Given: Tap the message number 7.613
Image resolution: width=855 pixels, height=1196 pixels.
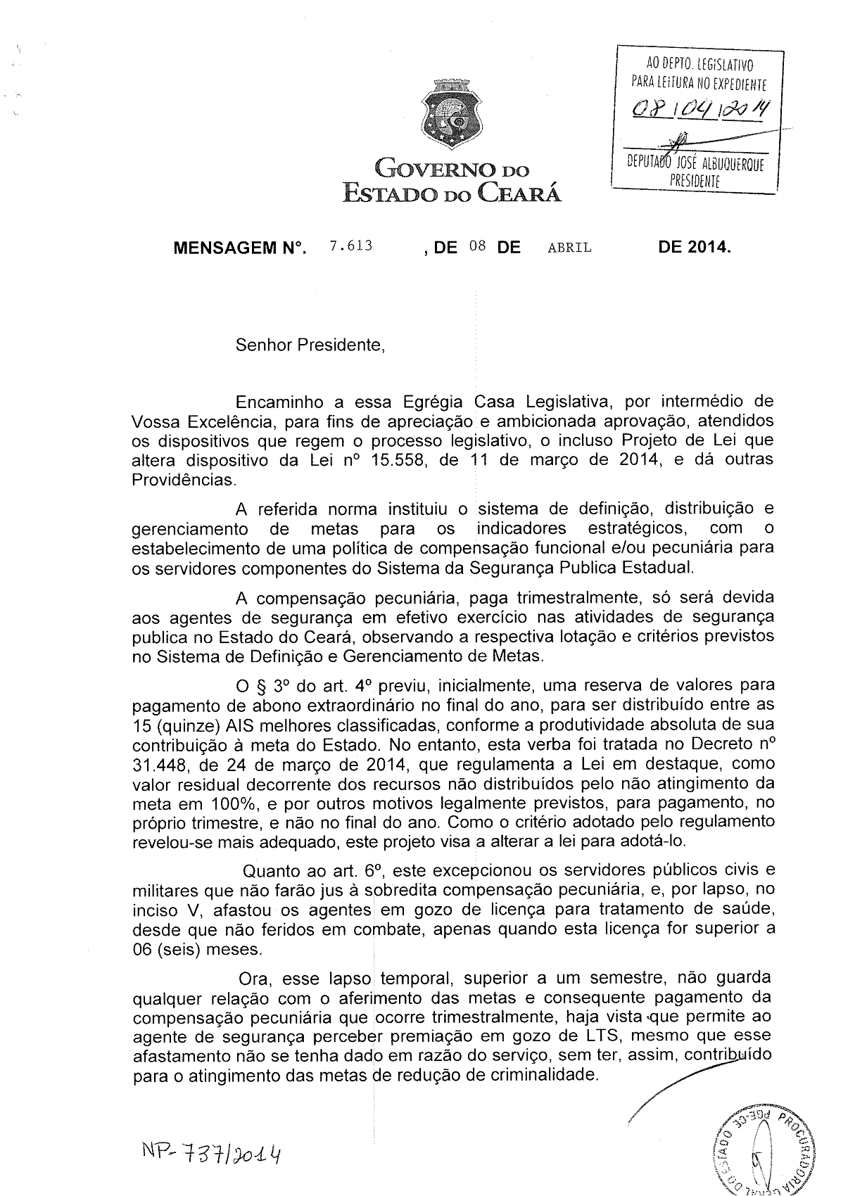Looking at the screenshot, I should tap(350, 247).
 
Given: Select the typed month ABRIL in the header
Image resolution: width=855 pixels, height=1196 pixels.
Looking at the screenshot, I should tap(569, 248).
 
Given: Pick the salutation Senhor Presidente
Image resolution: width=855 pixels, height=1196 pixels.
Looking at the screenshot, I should tap(310, 345).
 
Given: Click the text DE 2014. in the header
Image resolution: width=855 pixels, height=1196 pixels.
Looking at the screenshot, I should tap(695, 248).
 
